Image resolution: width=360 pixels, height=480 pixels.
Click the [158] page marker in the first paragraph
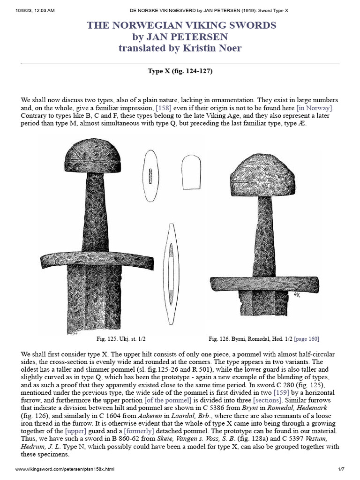[164, 108]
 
